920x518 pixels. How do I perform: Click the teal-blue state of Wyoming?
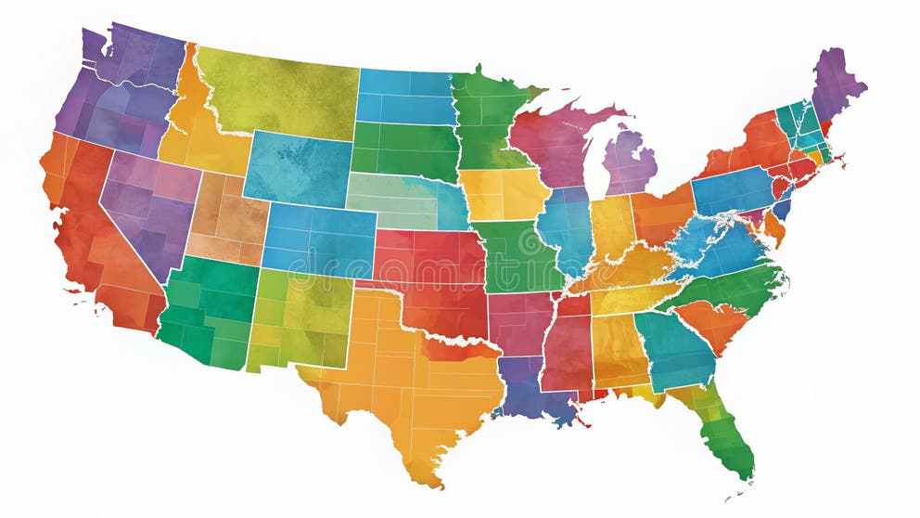tap(297, 167)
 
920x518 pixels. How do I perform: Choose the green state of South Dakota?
tap(404, 149)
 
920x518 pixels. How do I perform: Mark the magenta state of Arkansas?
tap(519, 320)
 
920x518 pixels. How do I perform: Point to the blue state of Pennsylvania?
tap(733, 190)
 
